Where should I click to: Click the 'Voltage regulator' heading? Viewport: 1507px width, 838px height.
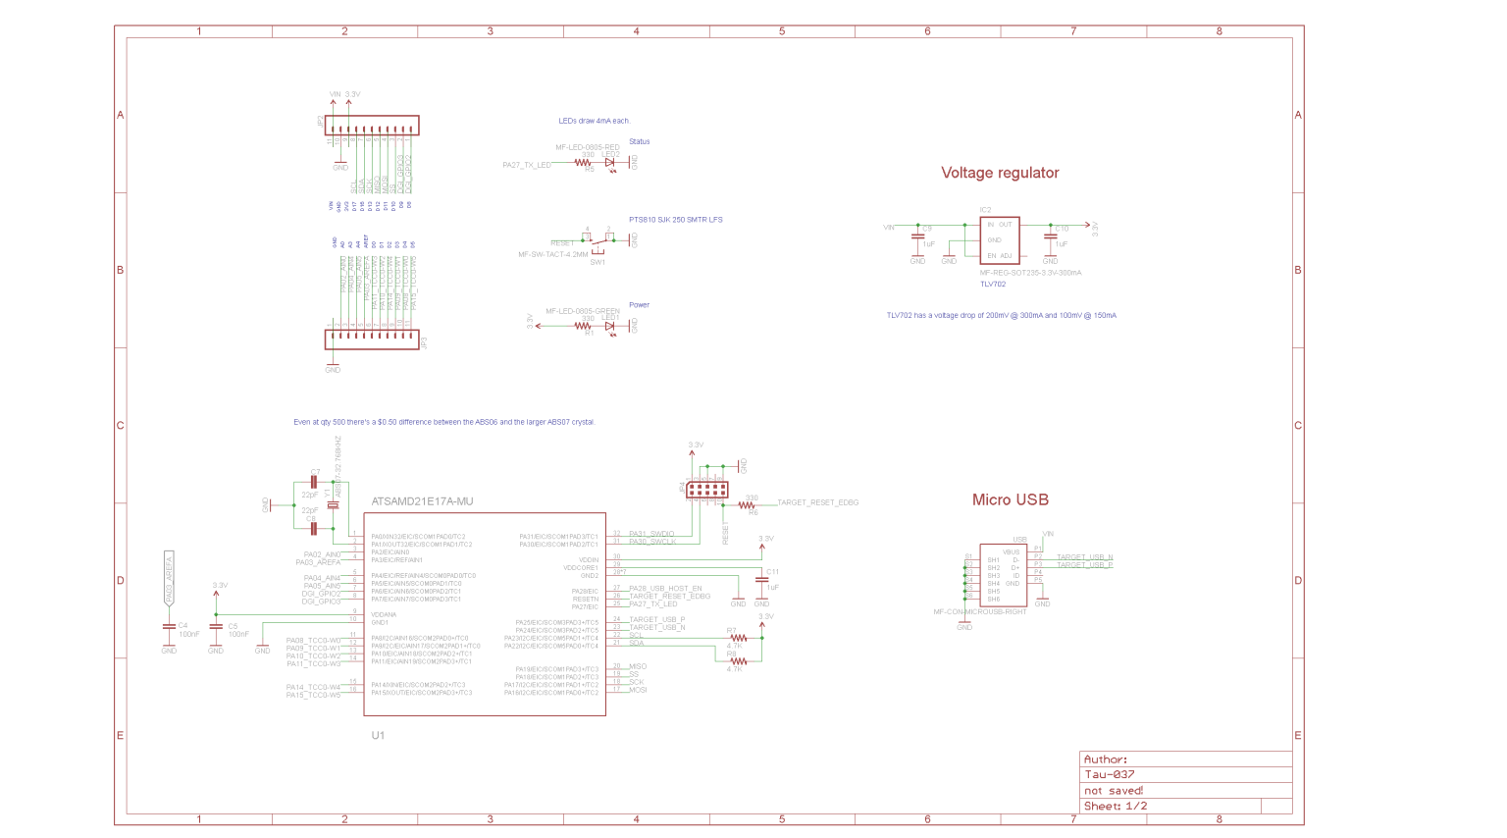(x=1000, y=173)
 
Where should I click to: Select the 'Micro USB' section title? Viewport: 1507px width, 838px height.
(x=1010, y=499)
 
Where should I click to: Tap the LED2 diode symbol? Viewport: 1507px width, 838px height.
(x=610, y=163)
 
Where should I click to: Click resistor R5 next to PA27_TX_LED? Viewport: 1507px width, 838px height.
(x=583, y=163)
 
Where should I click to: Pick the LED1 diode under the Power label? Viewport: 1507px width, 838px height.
(x=610, y=326)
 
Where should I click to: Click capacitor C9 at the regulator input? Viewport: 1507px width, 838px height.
(x=918, y=236)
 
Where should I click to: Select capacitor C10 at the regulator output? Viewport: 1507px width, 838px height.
(x=1051, y=236)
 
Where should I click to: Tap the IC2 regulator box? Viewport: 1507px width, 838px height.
(x=999, y=239)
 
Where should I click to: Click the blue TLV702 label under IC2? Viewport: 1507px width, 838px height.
(x=993, y=285)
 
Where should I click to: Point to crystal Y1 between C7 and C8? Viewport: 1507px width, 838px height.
(x=334, y=504)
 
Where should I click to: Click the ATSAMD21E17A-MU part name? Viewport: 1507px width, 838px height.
(x=422, y=501)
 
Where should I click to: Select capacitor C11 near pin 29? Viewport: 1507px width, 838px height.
(x=761, y=580)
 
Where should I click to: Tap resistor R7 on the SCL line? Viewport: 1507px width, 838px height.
(x=738, y=638)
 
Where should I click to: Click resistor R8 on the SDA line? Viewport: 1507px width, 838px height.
(x=738, y=661)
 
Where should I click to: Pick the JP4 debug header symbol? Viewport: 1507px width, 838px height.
(x=706, y=489)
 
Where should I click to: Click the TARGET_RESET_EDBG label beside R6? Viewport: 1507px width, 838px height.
(x=817, y=502)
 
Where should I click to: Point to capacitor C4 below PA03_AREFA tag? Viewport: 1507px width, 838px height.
(x=169, y=625)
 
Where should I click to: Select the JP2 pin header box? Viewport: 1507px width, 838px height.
(x=372, y=126)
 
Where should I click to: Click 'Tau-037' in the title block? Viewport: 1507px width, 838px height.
(x=1110, y=774)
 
